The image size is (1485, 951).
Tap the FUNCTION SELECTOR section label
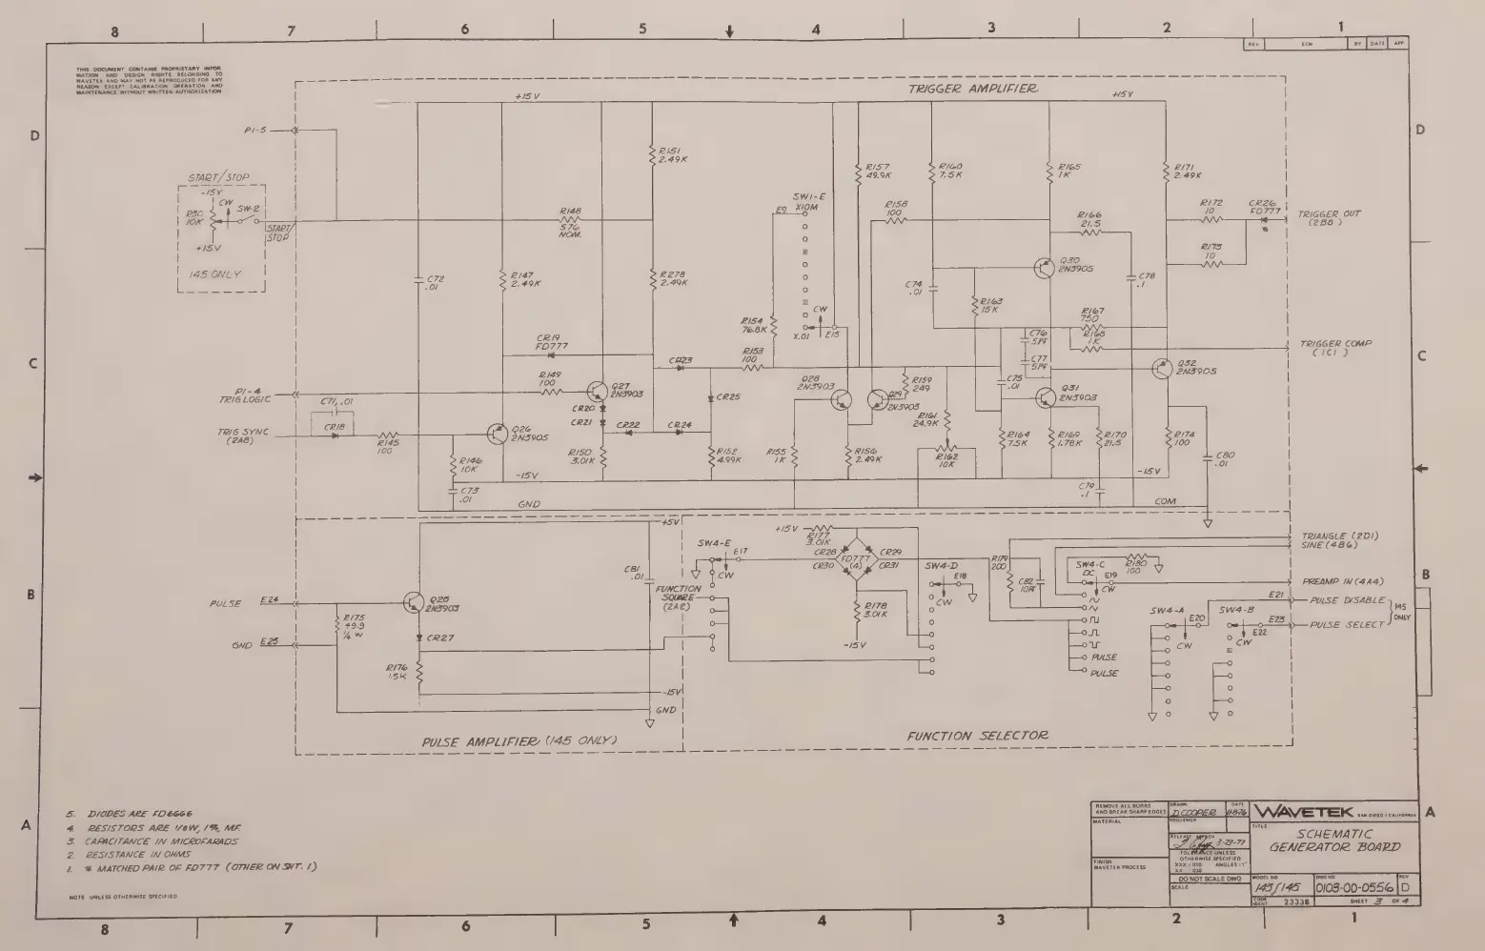978,735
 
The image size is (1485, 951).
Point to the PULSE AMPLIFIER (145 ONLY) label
520,741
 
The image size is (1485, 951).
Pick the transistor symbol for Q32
1162,369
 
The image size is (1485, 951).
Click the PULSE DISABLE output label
1348,600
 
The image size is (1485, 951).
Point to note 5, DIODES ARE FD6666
145,814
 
